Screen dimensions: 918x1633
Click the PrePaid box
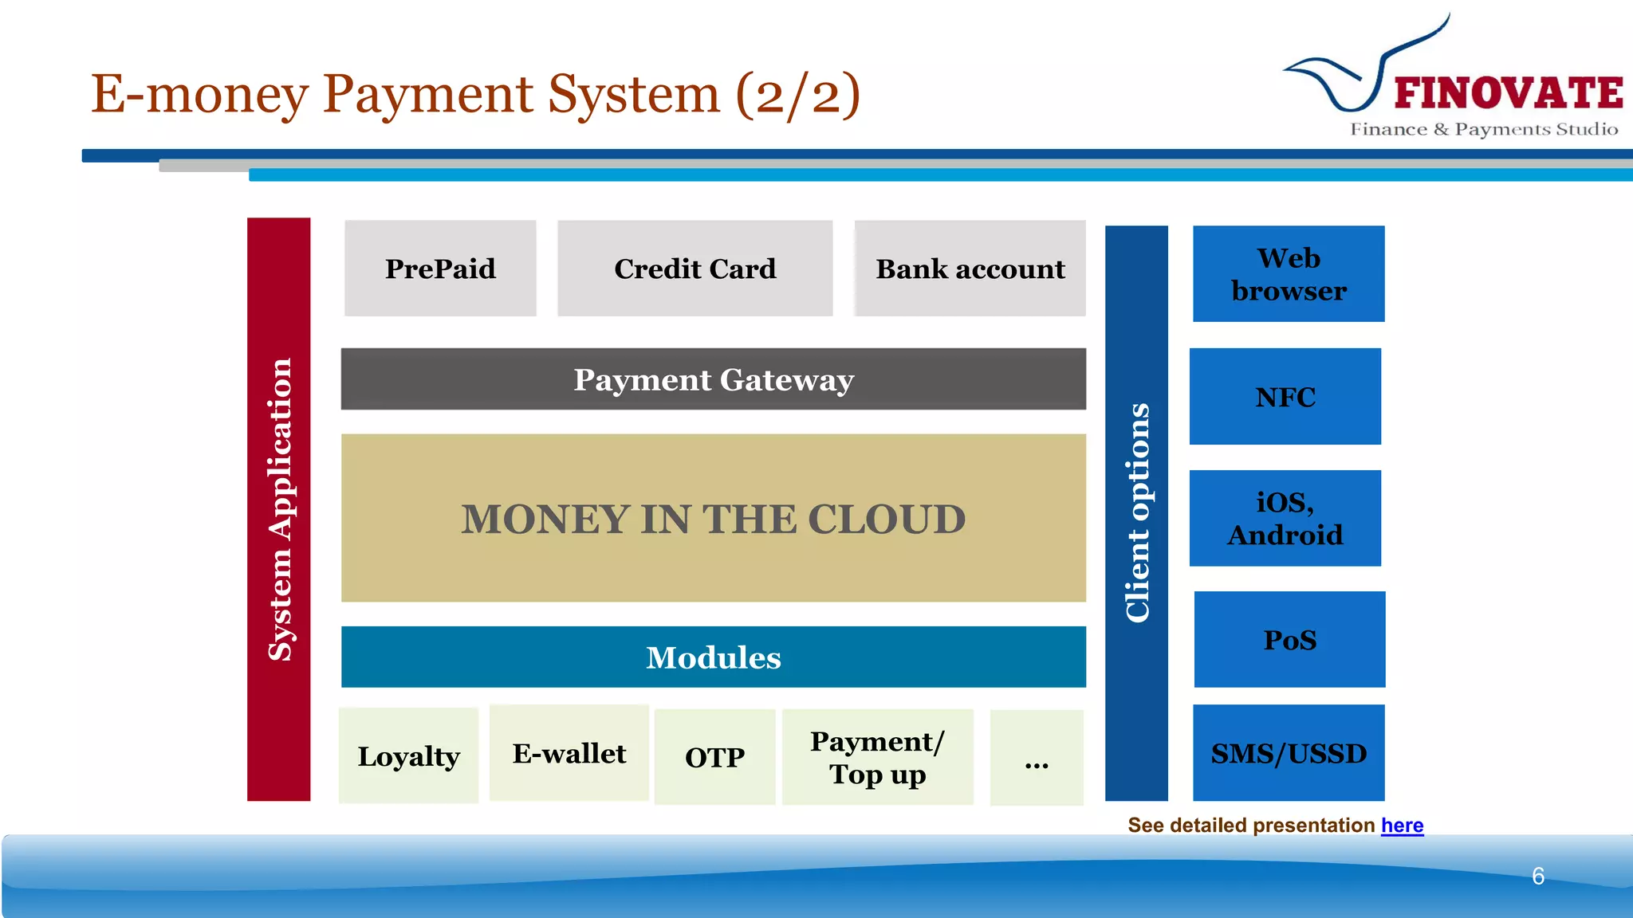pos(440,269)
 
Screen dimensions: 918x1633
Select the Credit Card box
pos(695,269)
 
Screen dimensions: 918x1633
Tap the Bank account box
pos(970,269)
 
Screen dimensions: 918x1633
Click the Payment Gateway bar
pos(713,379)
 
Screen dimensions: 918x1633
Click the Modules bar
pos(713,657)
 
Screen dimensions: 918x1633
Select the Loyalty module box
pos(408,755)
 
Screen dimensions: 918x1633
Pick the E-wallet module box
pos(569,753)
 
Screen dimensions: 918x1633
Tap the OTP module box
pos(714,757)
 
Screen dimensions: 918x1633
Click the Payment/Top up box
pos(877,757)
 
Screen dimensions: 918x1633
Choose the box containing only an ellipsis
pos(1036,758)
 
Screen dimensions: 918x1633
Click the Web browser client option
pos(1289,274)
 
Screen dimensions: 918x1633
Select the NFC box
pos(1285,396)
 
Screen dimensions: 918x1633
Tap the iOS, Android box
pos(1285,518)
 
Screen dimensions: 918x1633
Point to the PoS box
pos(1289,639)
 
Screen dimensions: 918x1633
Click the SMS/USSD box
pos(1289,753)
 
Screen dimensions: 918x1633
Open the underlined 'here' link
pos(1402,826)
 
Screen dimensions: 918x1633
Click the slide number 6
pos(1538,876)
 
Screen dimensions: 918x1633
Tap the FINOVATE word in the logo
pos(1508,93)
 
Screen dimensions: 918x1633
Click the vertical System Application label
pos(279,510)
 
